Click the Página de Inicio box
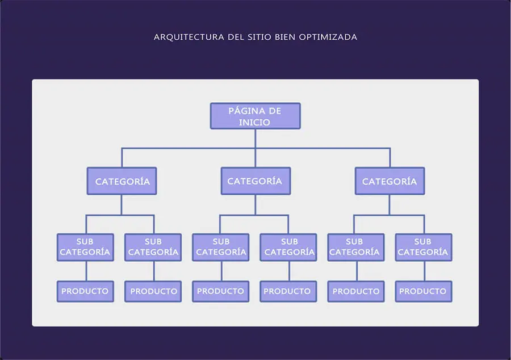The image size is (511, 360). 255,116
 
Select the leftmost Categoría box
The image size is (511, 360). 122,182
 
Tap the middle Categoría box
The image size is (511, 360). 255,181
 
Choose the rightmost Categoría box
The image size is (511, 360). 389,182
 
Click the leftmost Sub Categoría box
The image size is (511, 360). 85,247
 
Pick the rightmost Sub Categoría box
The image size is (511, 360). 423,247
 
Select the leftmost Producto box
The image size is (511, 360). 85,291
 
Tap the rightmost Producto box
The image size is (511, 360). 423,291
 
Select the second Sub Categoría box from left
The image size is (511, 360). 153,247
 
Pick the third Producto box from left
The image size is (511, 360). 220,291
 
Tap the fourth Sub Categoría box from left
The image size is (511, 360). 288,247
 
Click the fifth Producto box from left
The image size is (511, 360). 356,291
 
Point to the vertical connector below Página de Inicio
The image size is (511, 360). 255,139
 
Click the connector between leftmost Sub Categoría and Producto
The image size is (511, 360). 85,271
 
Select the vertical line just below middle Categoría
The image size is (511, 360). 255,204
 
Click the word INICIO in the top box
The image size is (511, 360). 255,122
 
